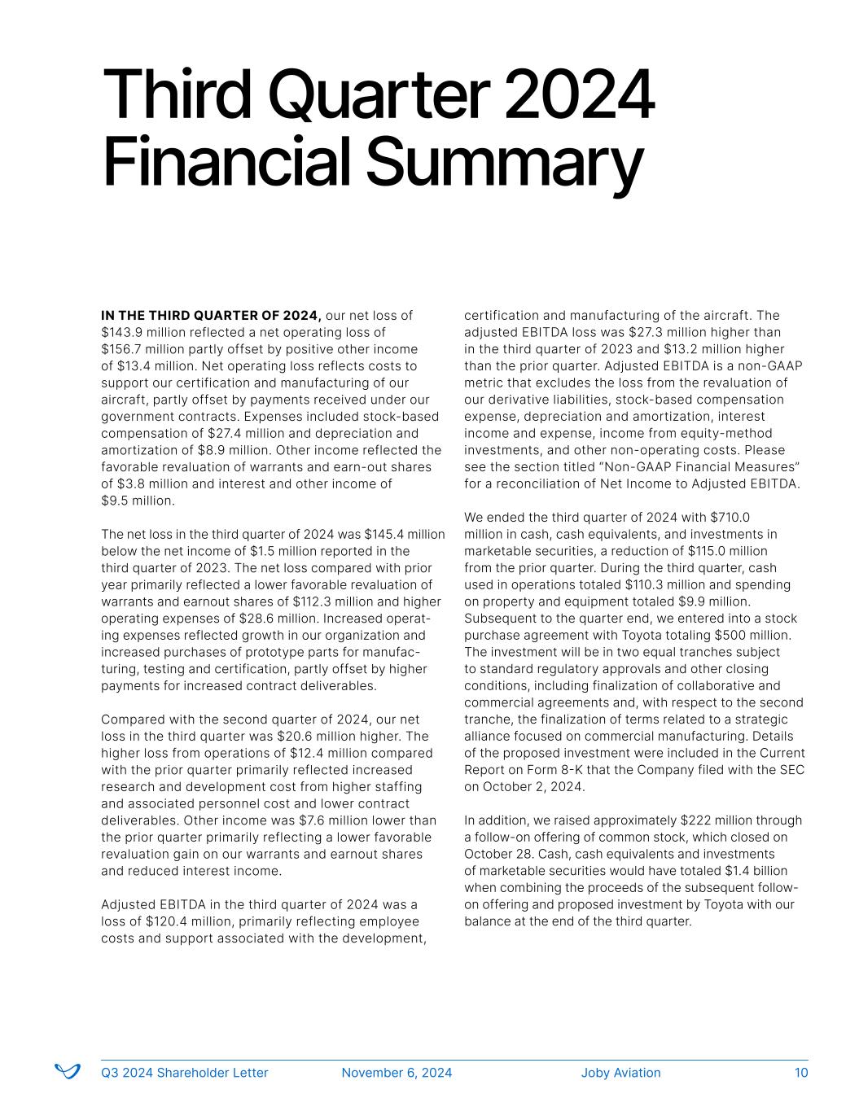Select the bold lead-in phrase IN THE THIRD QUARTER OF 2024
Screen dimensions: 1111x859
click(211, 315)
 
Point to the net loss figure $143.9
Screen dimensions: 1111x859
click(121, 332)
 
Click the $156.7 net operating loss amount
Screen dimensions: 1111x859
click(121, 349)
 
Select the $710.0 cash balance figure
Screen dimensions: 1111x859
click(730, 517)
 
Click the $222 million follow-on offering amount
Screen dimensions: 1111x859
click(697, 820)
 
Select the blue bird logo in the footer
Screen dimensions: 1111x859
click(67, 1071)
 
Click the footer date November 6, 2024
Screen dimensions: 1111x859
click(397, 1073)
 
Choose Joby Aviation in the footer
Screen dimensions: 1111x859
click(620, 1073)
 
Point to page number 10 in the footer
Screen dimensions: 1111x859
click(801, 1073)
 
